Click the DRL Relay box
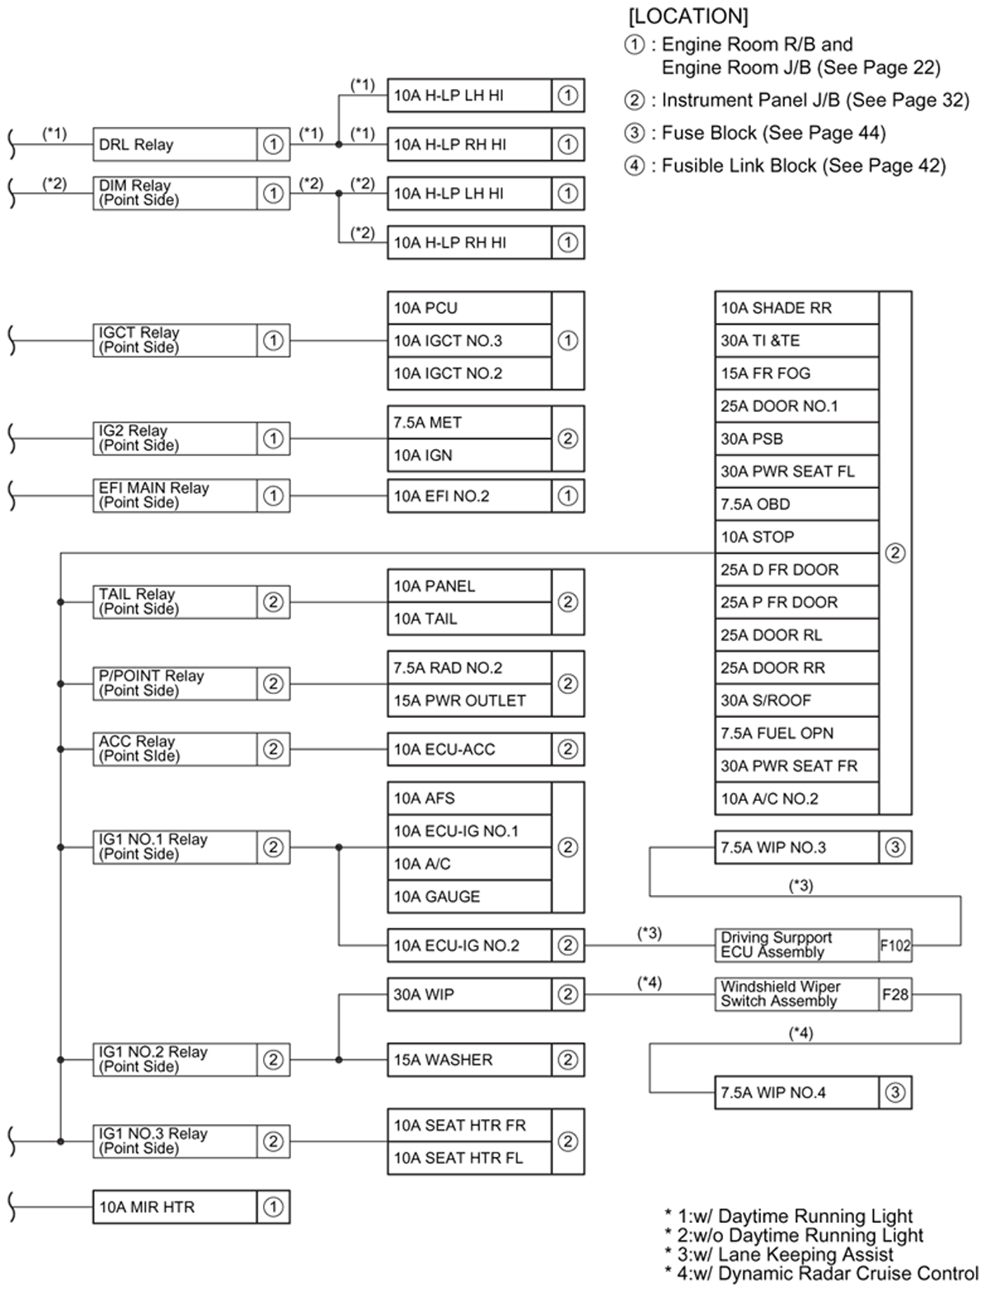(x=175, y=144)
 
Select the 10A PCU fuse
(x=469, y=307)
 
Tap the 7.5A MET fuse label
(x=469, y=422)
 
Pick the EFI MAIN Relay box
(x=175, y=495)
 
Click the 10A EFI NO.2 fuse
(x=469, y=496)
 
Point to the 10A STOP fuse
(x=796, y=536)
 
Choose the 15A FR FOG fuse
(x=796, y=373)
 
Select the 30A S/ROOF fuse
(x=796, y=700)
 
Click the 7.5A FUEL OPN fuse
(x=796, y=733)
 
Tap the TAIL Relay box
(x=175, y=602)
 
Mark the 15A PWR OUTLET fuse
(x=469, y=700)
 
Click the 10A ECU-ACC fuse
(x=469, y=749)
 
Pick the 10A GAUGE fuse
(x=469, y=897)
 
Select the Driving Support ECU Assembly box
(x=796, y=945)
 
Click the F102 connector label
(x=895, y=945)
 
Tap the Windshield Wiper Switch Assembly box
(x=796, y=994)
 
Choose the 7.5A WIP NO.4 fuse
(x=796, y=1093)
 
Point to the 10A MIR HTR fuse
(x=175, y=1207)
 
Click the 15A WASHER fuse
(x=469, y=1060)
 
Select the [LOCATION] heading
(x=688, y=16)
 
